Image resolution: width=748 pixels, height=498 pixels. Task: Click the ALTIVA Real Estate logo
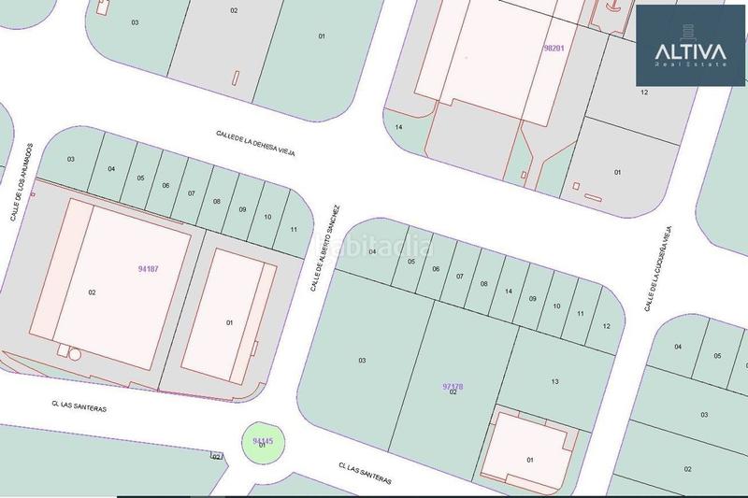[x=690, y=45]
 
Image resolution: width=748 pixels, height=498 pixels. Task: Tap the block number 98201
[x=555, y=48]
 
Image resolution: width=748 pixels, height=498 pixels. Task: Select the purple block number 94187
[x=148, y=269]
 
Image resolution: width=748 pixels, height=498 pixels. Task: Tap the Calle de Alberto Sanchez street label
[x=327, y=248]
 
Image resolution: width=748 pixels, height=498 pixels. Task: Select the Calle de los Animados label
[x=22, y=182]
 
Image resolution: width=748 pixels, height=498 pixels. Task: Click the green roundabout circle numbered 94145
[x=263, y=442]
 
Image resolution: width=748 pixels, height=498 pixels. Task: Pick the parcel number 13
[x=554, y=381]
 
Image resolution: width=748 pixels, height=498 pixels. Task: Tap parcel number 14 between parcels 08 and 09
[x=509, y=292]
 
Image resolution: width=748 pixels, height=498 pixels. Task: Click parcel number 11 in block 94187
[x=294, y=229]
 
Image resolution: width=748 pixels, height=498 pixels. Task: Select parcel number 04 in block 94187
[x=111, y=169]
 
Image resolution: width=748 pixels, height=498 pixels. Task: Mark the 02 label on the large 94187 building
[x=92, y=292]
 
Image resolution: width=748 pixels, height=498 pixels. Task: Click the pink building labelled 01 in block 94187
[x=229, y=322]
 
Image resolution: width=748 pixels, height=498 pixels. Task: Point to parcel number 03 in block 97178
[x=362, y=360]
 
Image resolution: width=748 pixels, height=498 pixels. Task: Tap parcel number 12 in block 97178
[x=607, y=326]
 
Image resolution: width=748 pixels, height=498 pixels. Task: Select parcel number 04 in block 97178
[x=372, y=251]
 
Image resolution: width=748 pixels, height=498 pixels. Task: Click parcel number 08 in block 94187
[x=216, y=201]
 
